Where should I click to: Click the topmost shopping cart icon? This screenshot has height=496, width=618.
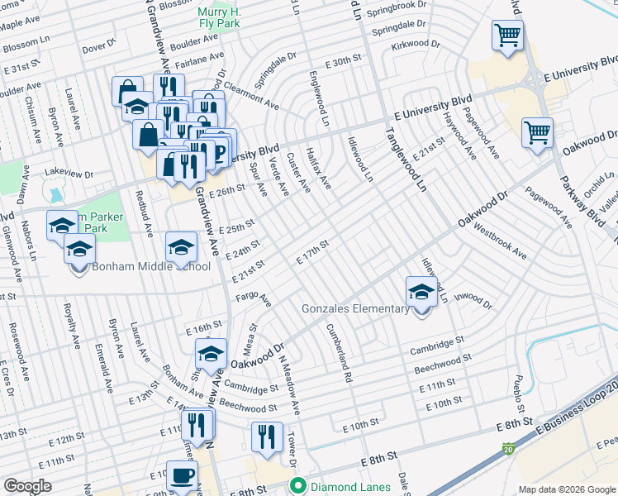point(507,36)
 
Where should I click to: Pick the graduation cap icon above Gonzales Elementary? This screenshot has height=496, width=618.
point(421,292)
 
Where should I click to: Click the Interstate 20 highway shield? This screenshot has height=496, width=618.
point(506,447)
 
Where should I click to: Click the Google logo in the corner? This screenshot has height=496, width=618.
point(27,485)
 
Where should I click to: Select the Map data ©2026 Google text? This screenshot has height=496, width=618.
point(566,489)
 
